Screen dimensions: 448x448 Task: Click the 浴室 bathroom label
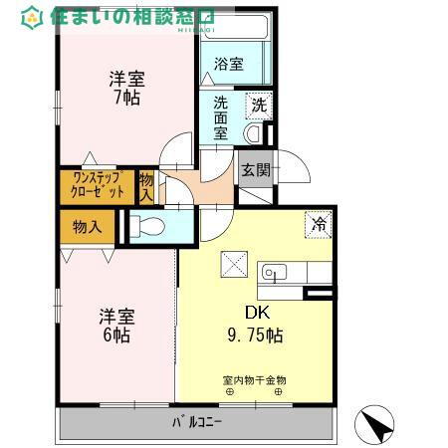(x=230, y=65)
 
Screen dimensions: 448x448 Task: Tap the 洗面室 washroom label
(x=220, y=117)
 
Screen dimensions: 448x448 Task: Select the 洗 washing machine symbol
(x=259, y=104)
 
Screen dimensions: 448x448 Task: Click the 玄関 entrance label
(x=255, y=170)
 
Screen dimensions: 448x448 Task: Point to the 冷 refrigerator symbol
(x=319, y=225)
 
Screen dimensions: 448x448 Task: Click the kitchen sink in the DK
(x=274, y=271)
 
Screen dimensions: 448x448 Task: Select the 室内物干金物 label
(x=254, y=379)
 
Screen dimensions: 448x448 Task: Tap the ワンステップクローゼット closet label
(x=98, y=185)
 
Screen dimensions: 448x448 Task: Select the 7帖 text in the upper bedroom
(x=125, y=97)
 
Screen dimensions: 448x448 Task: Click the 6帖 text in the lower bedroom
(x=115, y=336)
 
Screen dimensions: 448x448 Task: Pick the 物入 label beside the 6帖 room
(x=88, y=227)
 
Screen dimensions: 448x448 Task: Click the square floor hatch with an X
(x=235, y=265)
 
